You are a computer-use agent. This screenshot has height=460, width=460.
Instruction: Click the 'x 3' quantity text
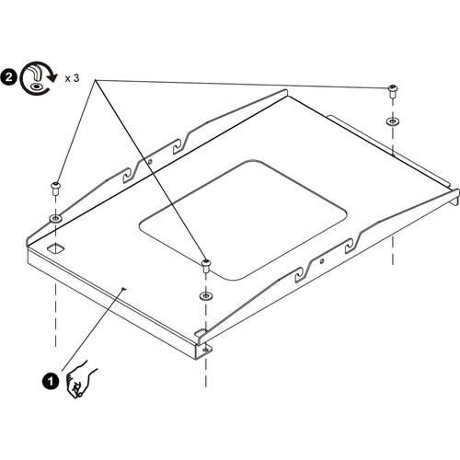click(x=73, y=79)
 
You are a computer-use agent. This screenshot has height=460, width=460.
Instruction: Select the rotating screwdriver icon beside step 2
click(x=36, y=78)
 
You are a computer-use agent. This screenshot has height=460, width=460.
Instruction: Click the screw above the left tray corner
click(x=56, y=187)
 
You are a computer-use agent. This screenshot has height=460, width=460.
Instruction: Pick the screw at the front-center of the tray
click(x=205, y=265)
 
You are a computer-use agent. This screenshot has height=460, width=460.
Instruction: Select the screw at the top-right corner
click(x=393, y=90)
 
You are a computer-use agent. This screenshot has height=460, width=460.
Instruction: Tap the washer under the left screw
click(x=56, y=219)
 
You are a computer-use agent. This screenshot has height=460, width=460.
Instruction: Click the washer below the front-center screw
click(x=204, y=296)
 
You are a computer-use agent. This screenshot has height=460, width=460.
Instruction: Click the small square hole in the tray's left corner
click(x=56, y=248)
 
